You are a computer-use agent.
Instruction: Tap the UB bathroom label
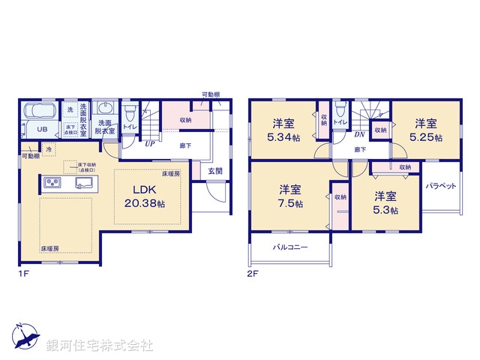pos(43,130)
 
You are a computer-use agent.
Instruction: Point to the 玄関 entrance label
pos(216,172)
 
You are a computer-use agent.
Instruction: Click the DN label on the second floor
pos(359,135)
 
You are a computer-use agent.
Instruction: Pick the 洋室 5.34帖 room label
pos(282,130)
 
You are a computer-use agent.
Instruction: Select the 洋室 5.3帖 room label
pos(385,202)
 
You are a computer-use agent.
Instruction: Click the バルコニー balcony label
pos(290,246)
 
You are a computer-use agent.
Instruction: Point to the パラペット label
pos(441,185)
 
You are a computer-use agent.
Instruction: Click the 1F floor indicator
pos(23,274)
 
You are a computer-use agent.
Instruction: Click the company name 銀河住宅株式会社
pos(99,346)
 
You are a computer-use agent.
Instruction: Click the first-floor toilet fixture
pos(130,115)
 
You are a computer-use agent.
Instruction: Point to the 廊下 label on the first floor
pos(184,145)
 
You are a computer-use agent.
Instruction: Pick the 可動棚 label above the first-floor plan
pos(211,94)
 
